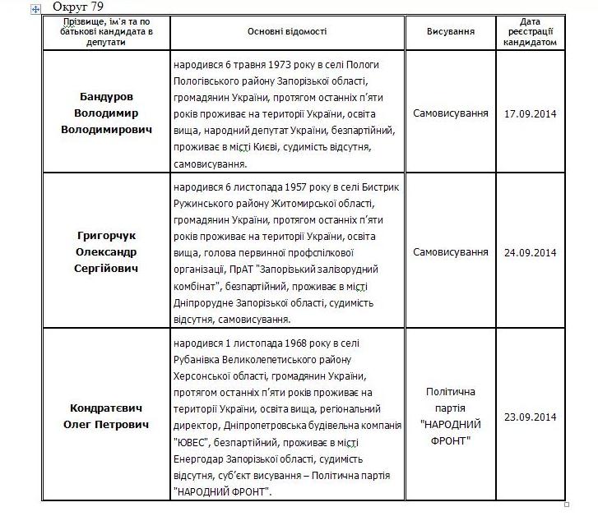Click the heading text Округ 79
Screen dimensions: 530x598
[78, 7]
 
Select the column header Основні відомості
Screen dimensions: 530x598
[287, 31]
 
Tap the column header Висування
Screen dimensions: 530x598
[450, 31]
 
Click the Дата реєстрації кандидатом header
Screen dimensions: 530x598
[531, 31]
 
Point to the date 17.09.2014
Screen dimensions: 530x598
[531, 113]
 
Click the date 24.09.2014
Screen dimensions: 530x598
[531, 252]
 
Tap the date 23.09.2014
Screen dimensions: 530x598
[531, 417]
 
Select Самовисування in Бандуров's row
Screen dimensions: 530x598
[450, 113]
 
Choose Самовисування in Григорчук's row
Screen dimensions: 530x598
[450, 252]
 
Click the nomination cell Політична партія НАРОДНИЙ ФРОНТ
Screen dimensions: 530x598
[450, 417]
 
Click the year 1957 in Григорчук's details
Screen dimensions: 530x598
[280, 187]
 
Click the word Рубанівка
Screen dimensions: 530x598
[201, 359]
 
